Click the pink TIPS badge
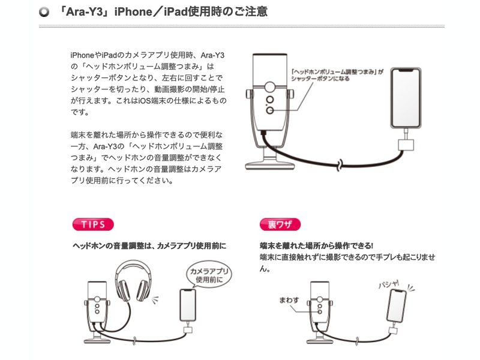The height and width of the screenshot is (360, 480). (x=93, y=224)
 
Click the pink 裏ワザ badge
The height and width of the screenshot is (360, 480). (x=280, y=224)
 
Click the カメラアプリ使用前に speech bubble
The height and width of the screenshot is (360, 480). (x=209, y=275)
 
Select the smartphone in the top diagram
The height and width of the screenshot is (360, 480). (x=406, y=98)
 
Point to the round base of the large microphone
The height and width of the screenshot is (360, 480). (x=270, y=166)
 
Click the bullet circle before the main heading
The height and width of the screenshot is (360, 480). (x=44, y=12)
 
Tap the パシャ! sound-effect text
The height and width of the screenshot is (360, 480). (x=389, y=284)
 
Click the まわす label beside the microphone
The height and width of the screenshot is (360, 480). (x=289, y=300)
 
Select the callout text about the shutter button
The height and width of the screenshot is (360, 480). (x=337, y=75)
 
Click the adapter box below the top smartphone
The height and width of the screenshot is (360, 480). (x=406, y=145)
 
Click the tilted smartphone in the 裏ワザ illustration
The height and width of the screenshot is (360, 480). (x=397, y=306)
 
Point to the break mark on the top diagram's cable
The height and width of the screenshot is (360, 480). (x=340, y=166)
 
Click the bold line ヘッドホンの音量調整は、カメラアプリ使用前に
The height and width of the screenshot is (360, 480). (x=149, y=246)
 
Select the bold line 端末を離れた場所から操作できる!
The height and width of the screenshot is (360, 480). (x=316, y=245)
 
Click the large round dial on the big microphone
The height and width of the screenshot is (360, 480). (x=269, y=87)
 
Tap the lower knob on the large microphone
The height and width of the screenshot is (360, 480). (x=269, y=110)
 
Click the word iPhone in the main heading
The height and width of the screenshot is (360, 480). (x=133, y=12)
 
